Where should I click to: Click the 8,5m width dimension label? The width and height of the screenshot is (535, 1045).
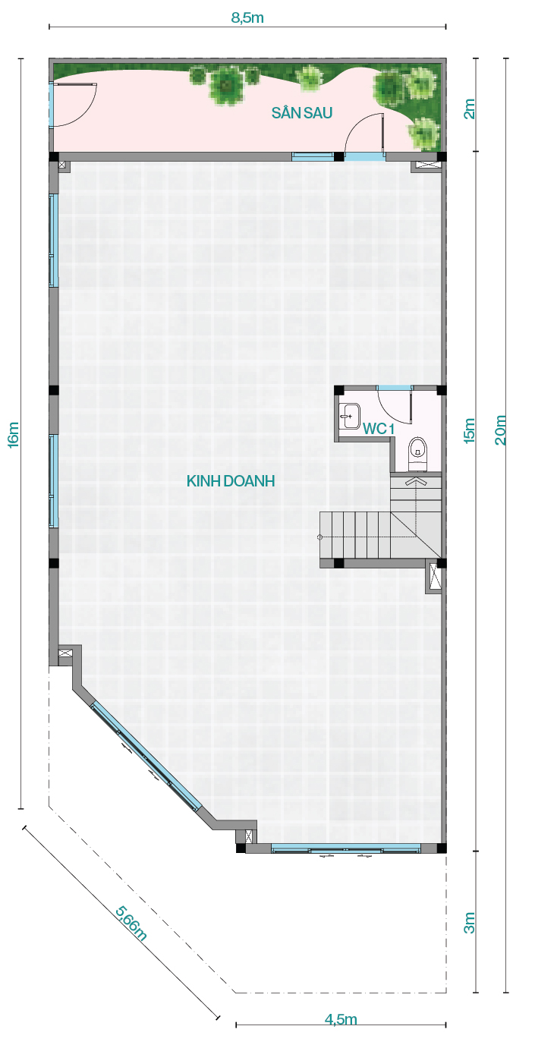click(x=247, y=17)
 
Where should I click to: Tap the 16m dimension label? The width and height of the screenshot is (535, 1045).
click(x=14, y=435)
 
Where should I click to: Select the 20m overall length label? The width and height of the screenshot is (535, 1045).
click(x=500, y=430)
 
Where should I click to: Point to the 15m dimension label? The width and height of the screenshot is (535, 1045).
click(x=469, y=430)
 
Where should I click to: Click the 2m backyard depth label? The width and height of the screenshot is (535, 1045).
click(x=469, y=109)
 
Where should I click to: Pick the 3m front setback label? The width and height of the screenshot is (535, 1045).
click(x=469, y=922)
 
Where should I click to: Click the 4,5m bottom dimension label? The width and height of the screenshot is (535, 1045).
click(x=341, y=1020)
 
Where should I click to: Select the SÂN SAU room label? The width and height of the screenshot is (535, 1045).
click(x=302, y=112)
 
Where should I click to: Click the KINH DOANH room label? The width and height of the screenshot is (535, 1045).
click(x=231, y=481)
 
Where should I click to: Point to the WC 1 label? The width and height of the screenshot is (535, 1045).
click(x=379, y=428)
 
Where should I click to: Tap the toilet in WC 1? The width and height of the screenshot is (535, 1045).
click(x=417, y=454)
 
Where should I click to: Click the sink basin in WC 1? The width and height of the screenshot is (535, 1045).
click(x=350, y=416)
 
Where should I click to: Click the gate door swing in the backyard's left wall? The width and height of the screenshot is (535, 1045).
click(x=76, y=105)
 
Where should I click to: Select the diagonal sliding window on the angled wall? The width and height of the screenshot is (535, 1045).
click(x=146, y=756)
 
